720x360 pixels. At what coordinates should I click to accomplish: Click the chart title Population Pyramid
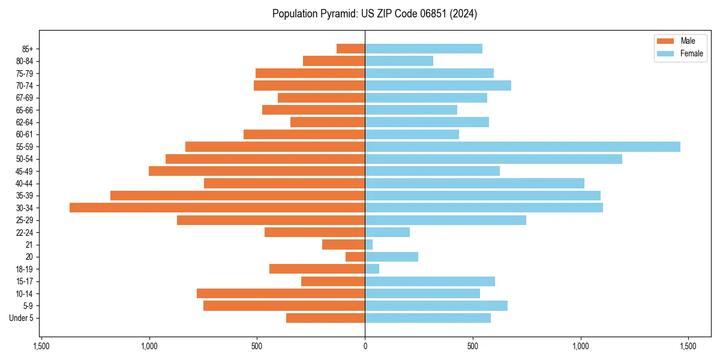pyautogui.click(x=374, y=14)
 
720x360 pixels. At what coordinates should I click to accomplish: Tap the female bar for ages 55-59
pyautogui.click(x=522, y=146)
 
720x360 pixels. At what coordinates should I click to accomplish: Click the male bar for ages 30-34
pyautogui.click(x=217, y=208)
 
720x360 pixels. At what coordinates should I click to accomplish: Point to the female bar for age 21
pyautogui.click(x=369, y=245)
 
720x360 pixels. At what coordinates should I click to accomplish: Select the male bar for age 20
pyautogui.click(x=355, y=257)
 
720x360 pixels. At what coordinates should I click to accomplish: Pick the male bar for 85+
pyautogui.click(x=350, y=49)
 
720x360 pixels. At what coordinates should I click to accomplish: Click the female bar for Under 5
pyautogui.click(x=427, y=318)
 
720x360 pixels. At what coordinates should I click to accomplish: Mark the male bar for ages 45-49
pyautogui.click(x=257, y=171)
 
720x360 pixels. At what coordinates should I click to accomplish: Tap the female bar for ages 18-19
pyautogui.click(x=372, y=269)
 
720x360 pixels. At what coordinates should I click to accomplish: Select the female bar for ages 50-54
pyautogui.click(x=493, y=159)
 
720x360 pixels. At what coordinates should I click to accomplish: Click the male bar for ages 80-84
pyautogui.click(x=334, y=61)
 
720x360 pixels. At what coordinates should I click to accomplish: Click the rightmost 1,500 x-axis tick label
pyautogui.click(x=688, y=347)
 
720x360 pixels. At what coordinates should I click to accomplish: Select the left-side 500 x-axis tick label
pyautogui.click(x=257, y=347)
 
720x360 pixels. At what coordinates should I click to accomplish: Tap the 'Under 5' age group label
pyautogui.click(x=21, y=318)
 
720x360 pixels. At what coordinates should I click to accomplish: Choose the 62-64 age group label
pyautogui.click(x=25, y=122)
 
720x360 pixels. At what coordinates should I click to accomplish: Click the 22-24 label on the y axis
pyautogui.click(x=25, y=232)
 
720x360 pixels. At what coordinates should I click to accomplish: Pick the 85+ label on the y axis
pyautogui.click(x=27, y=49)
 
